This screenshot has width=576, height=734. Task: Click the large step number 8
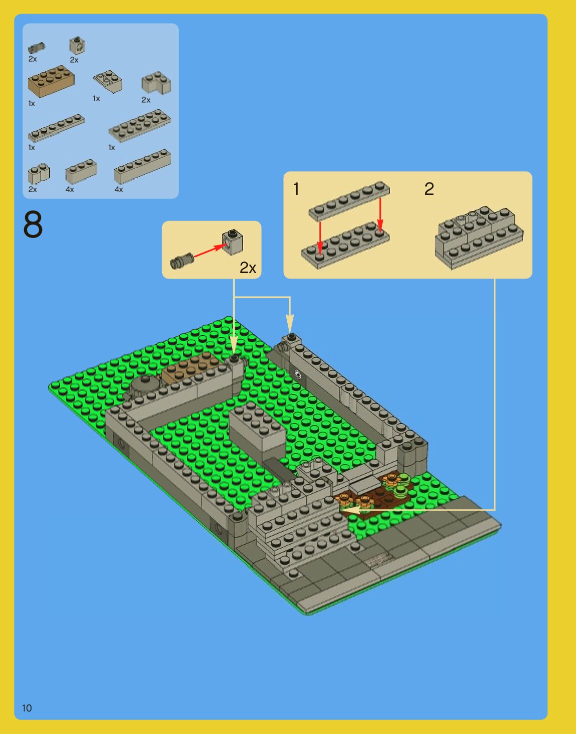click(33, 224)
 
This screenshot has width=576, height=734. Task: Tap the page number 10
click(27, 708)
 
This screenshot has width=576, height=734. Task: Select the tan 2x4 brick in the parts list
click(51, 81)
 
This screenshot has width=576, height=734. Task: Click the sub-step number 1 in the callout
click(296, 189)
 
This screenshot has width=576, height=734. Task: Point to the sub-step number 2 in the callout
click(429, 189)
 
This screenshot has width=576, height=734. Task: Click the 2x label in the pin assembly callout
click(248, 268)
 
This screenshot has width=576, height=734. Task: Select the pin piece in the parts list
click(36, 47)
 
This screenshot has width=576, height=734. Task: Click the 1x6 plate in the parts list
click(56, 128)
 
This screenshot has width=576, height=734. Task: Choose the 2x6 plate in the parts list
click(139, 125)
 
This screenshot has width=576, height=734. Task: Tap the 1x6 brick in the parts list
click(142, 166)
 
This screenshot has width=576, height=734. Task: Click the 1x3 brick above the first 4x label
click(81, 171)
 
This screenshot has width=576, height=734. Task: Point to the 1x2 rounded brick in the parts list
click(39, 174)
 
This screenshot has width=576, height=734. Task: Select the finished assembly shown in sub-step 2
click(479, 237)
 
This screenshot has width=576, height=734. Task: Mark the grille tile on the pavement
click(378, 558)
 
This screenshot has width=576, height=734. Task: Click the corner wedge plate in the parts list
click(108, 81)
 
